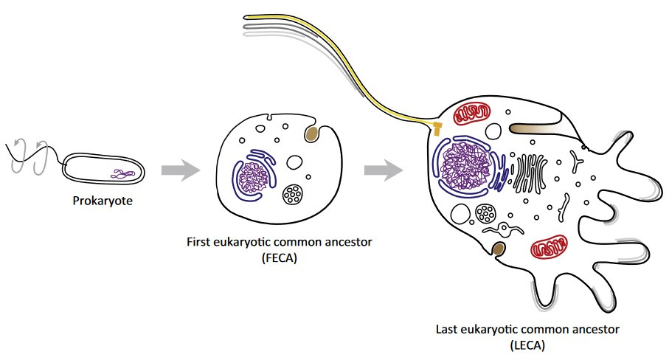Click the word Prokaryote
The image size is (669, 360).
click(x=103, y=199)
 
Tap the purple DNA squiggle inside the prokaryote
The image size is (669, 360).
click(x=123, y=174)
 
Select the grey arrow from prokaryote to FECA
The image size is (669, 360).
click(x=181, y=171)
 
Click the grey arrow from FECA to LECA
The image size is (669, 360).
click(x=383, y=171)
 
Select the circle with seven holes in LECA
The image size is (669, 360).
click(x=487, y=214)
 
